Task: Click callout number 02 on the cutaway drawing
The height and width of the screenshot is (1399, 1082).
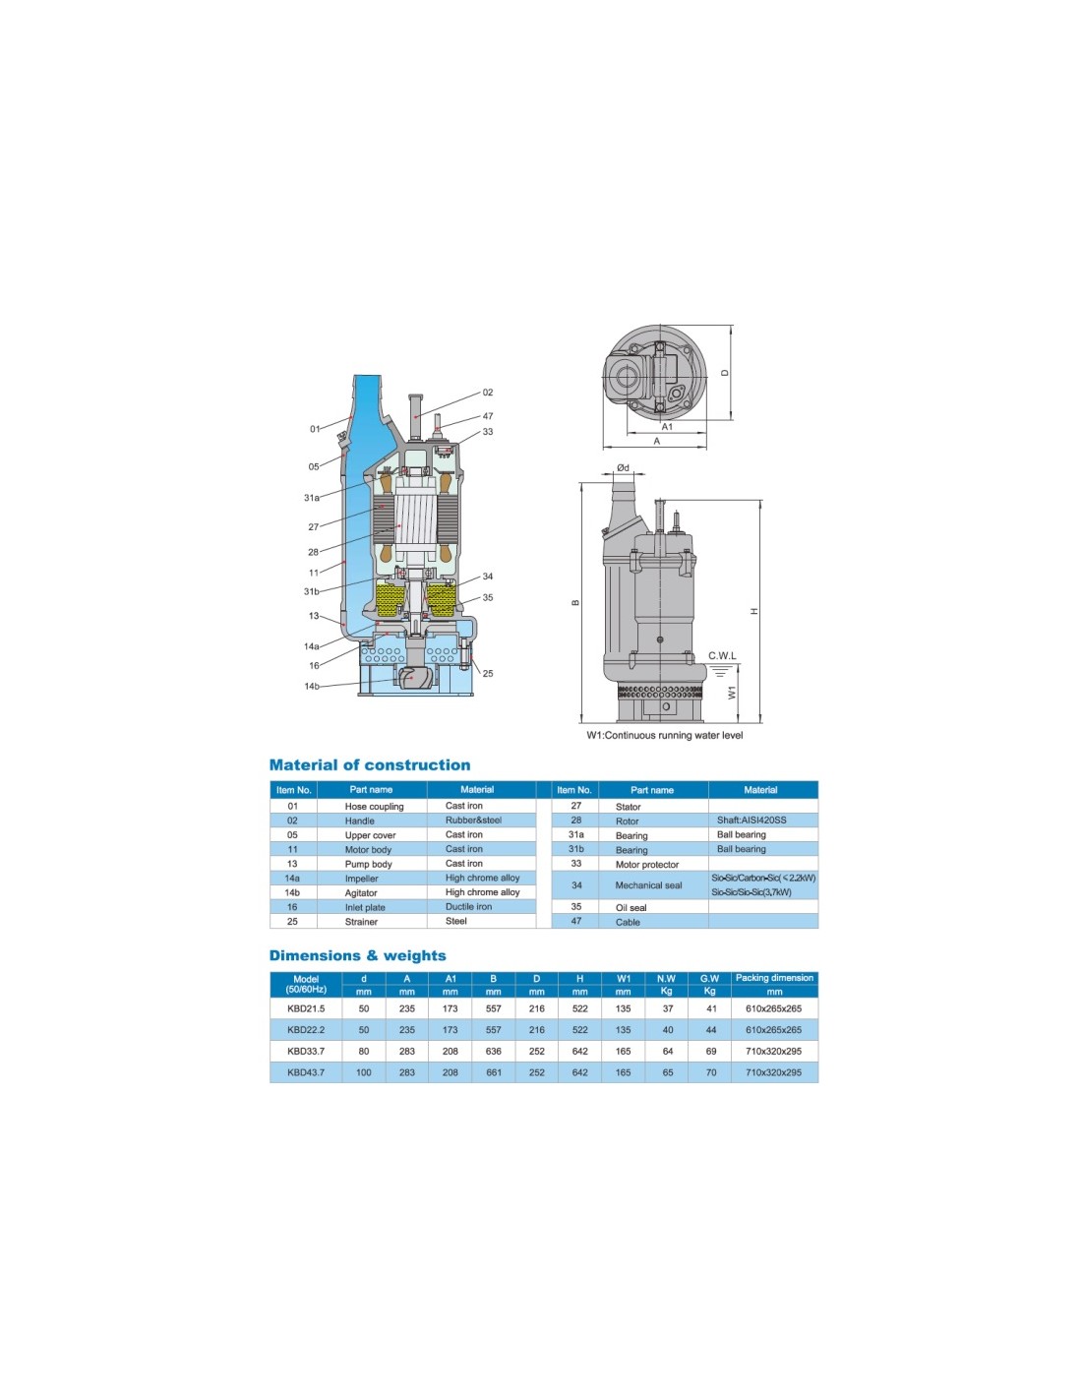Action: coord(487,393)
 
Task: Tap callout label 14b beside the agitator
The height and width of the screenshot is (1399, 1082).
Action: coord(312,687)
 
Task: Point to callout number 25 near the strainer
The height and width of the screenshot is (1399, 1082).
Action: coord(487,673)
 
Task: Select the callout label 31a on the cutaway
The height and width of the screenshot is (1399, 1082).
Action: coord(312,498)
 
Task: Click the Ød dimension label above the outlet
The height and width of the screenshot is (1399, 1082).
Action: coord(623,468)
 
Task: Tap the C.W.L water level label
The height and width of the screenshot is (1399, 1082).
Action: coord(722,656)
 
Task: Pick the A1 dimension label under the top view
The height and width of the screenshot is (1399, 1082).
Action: coord(667,427)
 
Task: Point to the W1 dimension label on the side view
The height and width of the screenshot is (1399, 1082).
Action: coord(732,693)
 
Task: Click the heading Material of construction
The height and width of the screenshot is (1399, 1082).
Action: coord(370,764)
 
